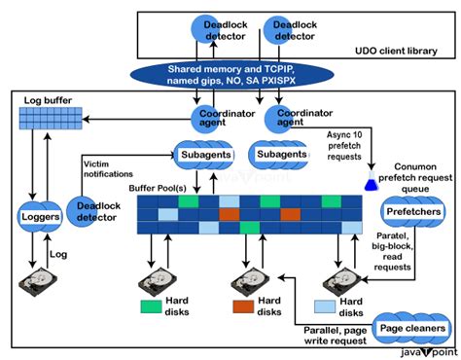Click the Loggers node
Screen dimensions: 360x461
pyautogui.click(x=42, y=215)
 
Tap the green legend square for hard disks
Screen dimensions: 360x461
pyautogui.click(x=151, y=306)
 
